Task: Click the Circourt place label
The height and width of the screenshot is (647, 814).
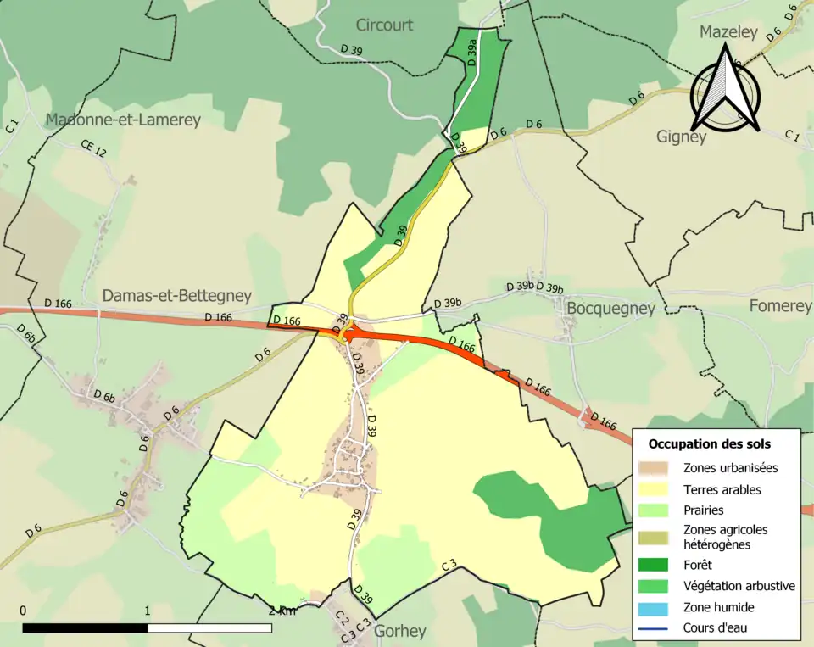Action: click(384, 25)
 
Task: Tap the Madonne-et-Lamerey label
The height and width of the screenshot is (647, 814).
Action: click(123, 120)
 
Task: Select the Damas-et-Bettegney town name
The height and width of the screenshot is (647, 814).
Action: click(176, 296)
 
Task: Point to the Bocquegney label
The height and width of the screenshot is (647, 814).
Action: click(610, 308)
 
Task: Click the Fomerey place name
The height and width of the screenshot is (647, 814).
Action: click(780, 306)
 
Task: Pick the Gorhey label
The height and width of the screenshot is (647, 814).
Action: click(399, 631)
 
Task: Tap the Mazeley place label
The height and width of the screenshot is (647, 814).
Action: click(730, 32)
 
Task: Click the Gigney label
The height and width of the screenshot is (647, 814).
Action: click(681, 137)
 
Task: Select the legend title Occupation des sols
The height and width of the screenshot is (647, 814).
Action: click(710, 443)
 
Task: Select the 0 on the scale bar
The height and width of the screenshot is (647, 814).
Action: click(23, 611)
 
